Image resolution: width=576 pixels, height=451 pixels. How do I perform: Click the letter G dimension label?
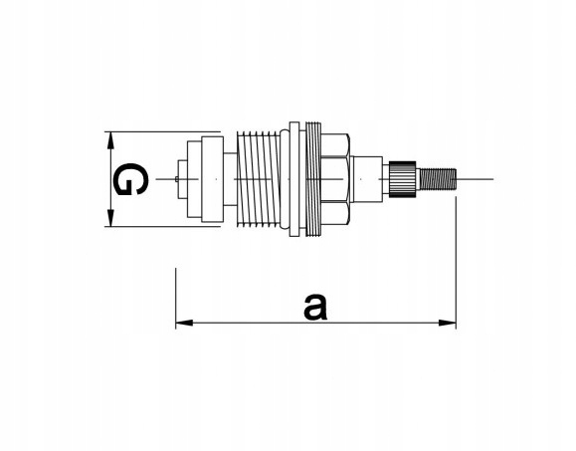point(130,179)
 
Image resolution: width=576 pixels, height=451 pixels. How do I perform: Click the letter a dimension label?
point(315,307)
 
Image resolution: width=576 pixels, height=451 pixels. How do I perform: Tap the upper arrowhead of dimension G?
point(109,140)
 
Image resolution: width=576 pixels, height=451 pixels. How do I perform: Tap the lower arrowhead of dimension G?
point(109,218)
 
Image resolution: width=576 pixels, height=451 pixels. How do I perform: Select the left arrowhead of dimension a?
point(184,324)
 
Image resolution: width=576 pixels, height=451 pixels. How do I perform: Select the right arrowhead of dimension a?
point(448,324)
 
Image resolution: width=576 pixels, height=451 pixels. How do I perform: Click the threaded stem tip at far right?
point(438,179)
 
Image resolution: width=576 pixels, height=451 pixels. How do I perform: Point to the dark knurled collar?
point(403,179)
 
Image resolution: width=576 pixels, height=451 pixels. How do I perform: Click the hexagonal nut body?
point(335,179)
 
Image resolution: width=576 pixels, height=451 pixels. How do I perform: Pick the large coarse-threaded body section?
point(259,179)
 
